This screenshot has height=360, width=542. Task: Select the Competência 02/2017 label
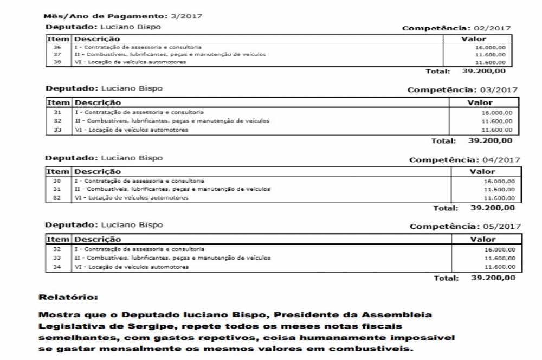pos(456,28)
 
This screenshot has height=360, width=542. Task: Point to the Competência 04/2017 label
pos(464,160)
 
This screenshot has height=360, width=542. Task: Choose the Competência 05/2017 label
pos(465,227)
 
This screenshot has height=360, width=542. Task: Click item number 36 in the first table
pos(57,48)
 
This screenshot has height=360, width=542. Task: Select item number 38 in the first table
pos(57,62)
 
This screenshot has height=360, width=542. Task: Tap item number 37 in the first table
pos(57,55)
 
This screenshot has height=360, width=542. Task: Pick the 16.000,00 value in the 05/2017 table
pos(499,249)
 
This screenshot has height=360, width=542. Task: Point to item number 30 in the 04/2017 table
pos(56,181)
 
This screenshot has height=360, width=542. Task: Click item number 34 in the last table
pos(57,267)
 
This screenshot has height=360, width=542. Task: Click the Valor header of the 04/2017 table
pos(482,172)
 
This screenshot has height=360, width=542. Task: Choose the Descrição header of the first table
pos(97,39)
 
